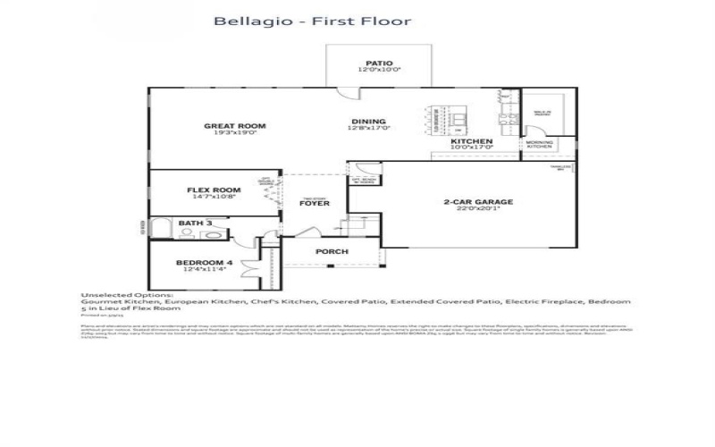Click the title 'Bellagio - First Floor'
[x=312, y=21]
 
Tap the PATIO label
[x=379, y=63]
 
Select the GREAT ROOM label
[x=235, y=126]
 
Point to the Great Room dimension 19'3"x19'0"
[x=235, y=133]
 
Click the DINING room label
[x=368, y=122]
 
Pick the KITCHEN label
[x=471, y=142]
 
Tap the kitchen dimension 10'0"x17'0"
[x=471, y=149]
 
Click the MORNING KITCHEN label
[x=539, y=145]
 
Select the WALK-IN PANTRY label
[x=542, y=114]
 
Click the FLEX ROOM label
[x=214, y=190]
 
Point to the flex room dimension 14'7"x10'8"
[x=214, y=198]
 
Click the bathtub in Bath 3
[x=162, y=230]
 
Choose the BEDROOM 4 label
[x=203, y=261]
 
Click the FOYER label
[x=315, y=204]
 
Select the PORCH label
[x=332, y=251]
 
